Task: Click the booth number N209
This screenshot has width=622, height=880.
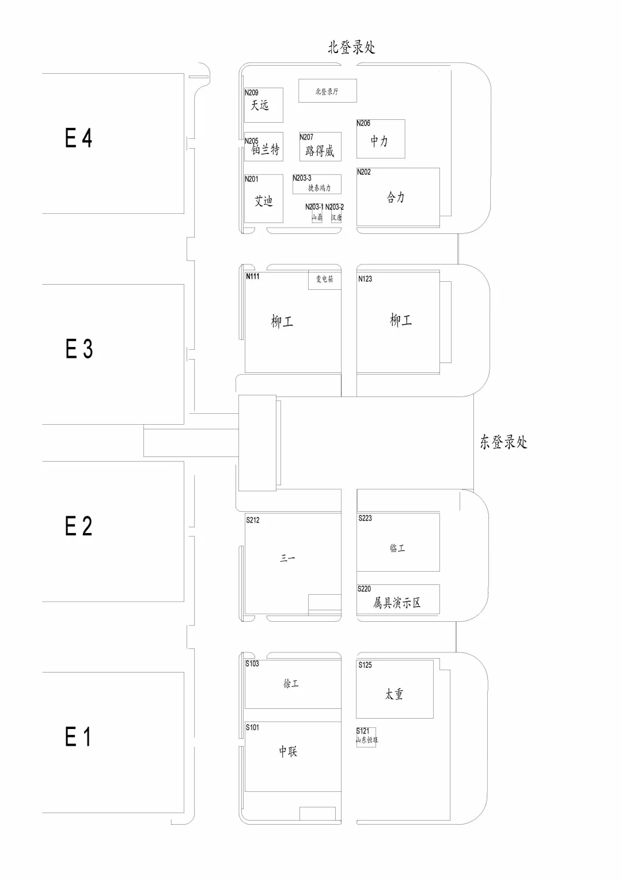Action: coord(252,92)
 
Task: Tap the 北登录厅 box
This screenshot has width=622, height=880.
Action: coord(327,91)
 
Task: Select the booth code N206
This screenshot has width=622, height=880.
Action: coord(363,123)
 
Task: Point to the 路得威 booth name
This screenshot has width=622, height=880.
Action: coord(320,151)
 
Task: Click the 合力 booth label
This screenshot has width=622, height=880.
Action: coord(396,198)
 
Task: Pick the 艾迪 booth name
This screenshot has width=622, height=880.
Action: coord(263,201)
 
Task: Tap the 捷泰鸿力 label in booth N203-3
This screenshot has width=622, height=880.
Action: coord(319,188)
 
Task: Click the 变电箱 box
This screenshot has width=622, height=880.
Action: coord(324,280)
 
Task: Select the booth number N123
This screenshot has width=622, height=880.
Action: coord(365,279)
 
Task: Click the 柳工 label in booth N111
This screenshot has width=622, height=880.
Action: coord(282,322)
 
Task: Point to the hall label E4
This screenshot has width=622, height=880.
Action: coord(78,138)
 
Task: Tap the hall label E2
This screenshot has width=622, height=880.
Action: coord(78,526)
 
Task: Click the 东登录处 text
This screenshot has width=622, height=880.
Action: coord(503,442)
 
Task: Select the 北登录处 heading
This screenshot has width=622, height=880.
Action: coord(351,47)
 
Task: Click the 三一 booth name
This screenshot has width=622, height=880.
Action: coord(287,558)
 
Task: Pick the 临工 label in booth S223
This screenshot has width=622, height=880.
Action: coord(397,548)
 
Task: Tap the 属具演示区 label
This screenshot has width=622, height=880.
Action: coord(397,603)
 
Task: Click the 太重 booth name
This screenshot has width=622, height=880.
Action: coord(395,694)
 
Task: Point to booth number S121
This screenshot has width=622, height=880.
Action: coord(363,731)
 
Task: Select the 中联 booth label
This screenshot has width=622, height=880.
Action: coord(288,751)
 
